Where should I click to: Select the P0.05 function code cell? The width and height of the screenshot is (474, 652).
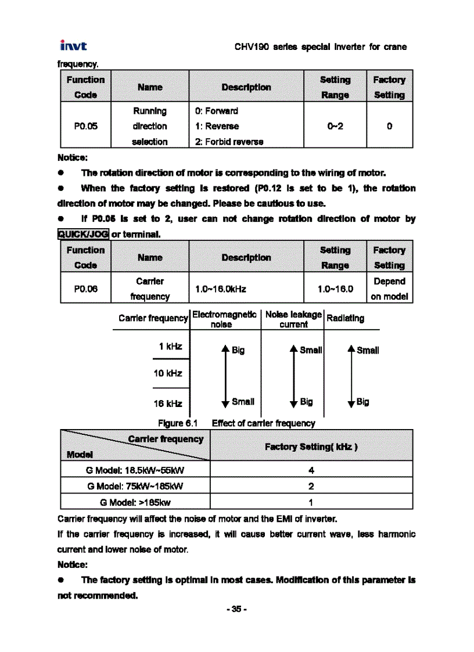point(85,126)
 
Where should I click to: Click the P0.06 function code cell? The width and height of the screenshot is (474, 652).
point(85,289)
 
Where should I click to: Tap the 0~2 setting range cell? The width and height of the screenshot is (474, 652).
point(335,126)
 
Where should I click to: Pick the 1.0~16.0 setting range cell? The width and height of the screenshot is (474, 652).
point(335,289)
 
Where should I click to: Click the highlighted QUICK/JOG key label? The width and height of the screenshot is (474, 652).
point(83,234)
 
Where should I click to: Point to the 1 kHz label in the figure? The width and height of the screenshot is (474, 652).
point(170,347)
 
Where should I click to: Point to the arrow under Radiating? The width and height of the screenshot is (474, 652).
point(351,376)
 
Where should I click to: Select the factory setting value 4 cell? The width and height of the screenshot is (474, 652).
point(311,470)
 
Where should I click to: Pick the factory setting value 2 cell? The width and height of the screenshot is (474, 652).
point(311,486)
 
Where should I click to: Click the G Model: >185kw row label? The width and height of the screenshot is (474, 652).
point(135,502)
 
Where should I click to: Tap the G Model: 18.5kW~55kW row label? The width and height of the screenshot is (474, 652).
point(135,470)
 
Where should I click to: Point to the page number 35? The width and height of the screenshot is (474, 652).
point(237,609)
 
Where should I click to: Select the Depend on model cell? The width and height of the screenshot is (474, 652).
point(389,289)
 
